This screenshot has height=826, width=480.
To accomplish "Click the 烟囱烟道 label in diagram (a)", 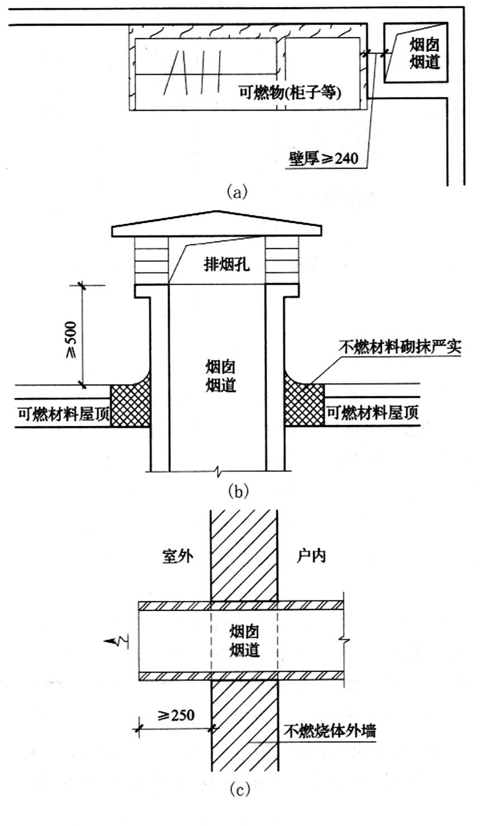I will point(424,54).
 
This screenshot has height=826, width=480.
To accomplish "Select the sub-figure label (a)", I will point(236,192).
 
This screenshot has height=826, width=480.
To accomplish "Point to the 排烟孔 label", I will point(226,263).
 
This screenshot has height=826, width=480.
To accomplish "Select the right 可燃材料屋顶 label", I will point(373,413).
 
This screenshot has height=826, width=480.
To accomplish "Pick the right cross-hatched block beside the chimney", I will point(304,406).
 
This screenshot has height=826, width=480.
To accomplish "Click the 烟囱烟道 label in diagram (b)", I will point(219,376).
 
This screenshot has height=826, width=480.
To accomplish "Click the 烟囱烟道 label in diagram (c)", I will point(244,641).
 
